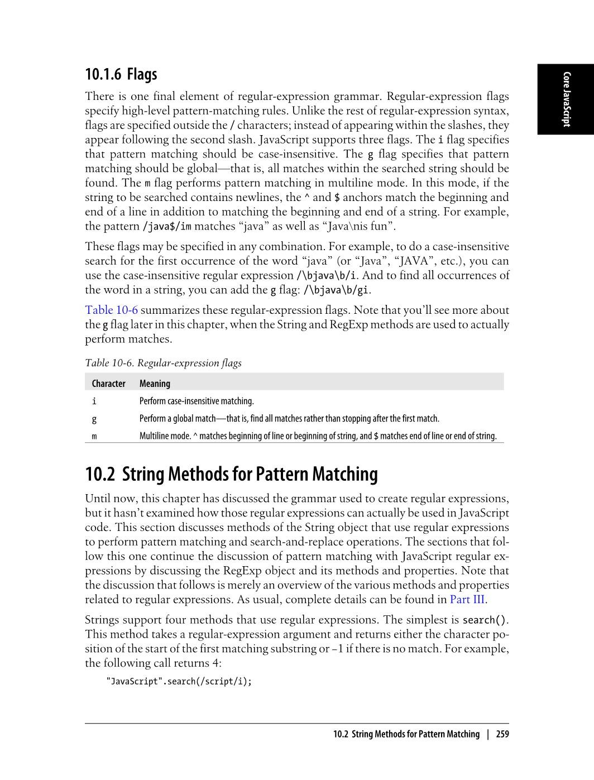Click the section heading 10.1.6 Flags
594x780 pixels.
(121, 74)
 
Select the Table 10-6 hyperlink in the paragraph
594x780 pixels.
(111, 310)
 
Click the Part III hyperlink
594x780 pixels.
(467, 600)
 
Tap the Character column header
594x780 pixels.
(108, 384)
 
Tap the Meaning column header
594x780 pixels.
(155, 384)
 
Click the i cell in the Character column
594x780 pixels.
(94, 401)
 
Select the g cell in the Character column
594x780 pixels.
(94, 419)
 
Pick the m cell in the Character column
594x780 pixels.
(94, 436)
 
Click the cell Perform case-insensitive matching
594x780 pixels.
(197, 401)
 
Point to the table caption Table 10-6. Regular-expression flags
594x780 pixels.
(163, 363)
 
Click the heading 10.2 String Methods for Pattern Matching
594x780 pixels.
(231, 474)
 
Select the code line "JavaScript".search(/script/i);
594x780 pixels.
(179, 681)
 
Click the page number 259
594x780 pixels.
(502, 734)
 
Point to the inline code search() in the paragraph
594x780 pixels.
(485, 620)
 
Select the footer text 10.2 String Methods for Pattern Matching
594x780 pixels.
(406, 734)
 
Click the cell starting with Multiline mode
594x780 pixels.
(317, 436)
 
